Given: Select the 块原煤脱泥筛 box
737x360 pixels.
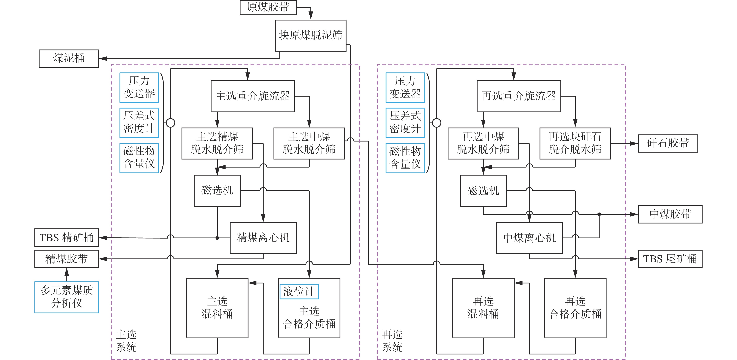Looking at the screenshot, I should [311, 35].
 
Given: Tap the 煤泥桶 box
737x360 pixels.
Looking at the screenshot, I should [69, 58].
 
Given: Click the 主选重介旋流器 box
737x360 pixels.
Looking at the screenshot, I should [253, 96].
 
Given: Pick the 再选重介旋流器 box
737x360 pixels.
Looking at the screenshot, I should [518, 96].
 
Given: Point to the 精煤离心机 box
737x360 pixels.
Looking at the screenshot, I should [263, 238].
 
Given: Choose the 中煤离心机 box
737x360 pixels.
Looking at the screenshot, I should [529, 238].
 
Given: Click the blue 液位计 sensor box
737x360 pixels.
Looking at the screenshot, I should [299, 292].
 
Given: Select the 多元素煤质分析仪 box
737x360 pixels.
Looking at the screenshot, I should [67, 297].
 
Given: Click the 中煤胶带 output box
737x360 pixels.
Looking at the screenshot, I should [670, 214].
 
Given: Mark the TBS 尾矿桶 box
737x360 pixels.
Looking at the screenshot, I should [670, 259].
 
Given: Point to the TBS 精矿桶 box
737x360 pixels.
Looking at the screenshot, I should [67, 237].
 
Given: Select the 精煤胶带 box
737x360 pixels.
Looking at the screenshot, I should [67, 259].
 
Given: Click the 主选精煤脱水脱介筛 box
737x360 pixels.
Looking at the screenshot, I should [217, 143].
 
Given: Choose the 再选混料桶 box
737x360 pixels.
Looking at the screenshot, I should [483, 308].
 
